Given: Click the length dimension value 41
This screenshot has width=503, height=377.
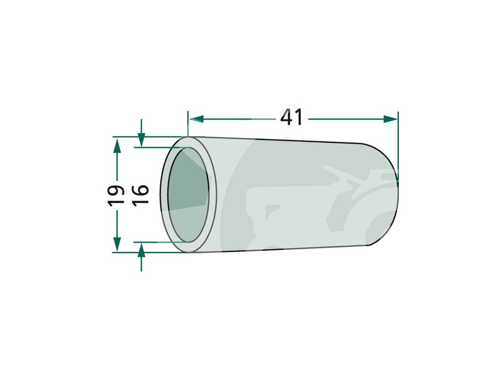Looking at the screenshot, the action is tap(291, 117).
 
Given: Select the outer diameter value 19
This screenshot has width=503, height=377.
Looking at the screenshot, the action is tap(116, 195).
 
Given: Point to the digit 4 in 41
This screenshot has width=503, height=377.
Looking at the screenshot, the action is tap(286, 117).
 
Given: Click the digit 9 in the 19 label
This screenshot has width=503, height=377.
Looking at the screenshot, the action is tap(116, 190).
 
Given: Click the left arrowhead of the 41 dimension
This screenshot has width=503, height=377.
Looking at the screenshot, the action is tap(196, 119).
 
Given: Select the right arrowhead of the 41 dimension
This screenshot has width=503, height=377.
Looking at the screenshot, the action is tap(391, 119).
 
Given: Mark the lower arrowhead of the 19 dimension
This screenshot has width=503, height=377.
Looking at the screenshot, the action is tap(117, 244).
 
